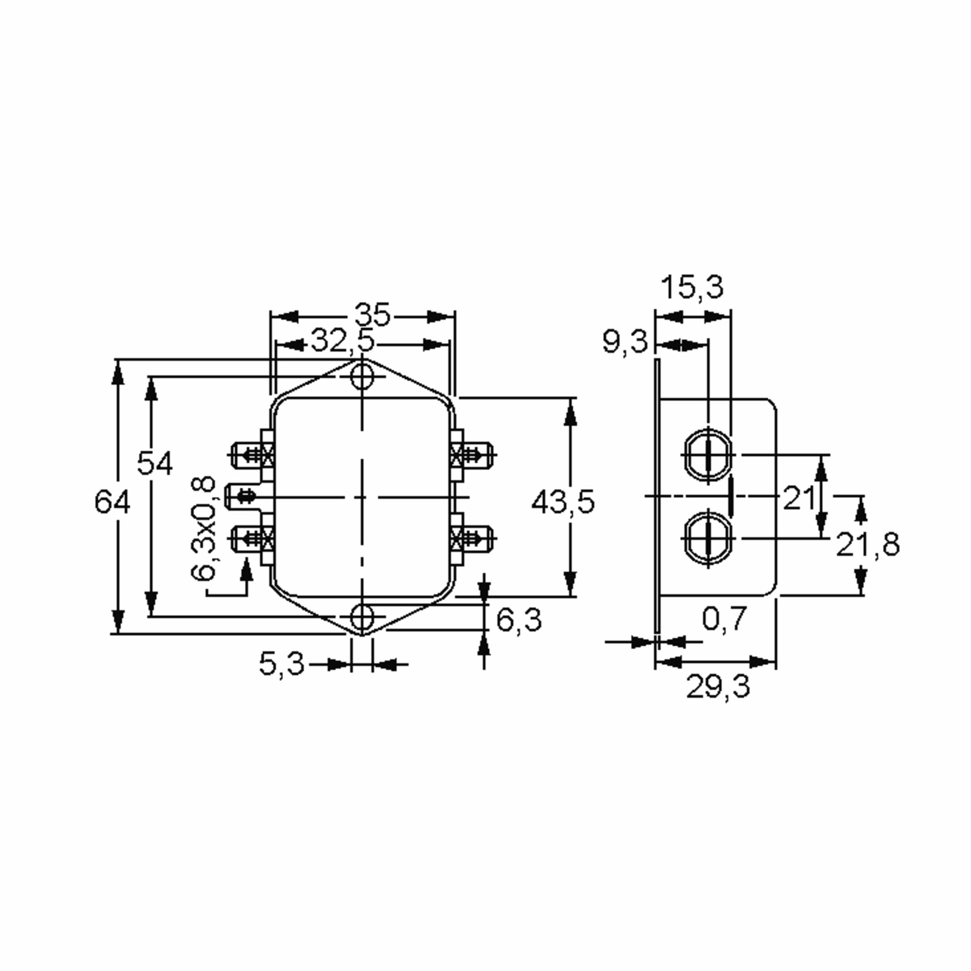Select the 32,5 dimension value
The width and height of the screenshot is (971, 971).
pyautogui.click(x=343, y=341)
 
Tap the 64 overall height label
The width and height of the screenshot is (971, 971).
pyautogui.click(x=112, y=502)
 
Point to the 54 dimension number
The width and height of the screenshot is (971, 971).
pyautogui.click(x=155, y=463)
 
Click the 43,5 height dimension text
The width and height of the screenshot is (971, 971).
pyautogui.click(x=563, y=502)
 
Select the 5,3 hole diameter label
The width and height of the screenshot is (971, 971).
pyautogui.click(x=282, y=664)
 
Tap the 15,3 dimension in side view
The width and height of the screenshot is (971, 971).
pyautogui.click(x=692, y=288)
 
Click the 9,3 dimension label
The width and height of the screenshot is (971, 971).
pyautogui.click(x=625, y=343)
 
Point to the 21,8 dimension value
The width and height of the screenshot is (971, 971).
pyautogui.click(x=867, y=544)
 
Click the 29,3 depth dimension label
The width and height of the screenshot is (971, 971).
pyautogui.click(x=718, y=687)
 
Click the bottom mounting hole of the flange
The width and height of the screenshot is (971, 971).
pyautogui.click(x=362, y=617)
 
